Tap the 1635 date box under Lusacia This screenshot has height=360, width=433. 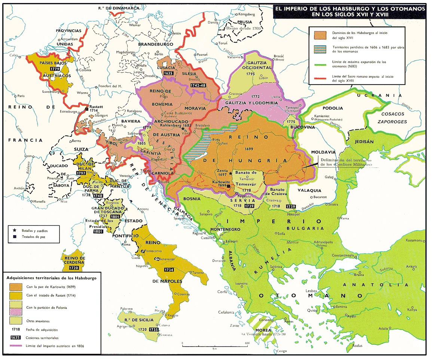[x=168, y=73]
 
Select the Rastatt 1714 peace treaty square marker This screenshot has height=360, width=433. [x=87, y=109]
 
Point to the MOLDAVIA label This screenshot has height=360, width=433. [x=322, y=152]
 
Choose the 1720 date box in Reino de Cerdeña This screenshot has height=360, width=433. [x=74, y=268]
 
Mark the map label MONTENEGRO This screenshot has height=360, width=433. [x=225, y=229]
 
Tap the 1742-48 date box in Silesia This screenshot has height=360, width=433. [x=198, y=86]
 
